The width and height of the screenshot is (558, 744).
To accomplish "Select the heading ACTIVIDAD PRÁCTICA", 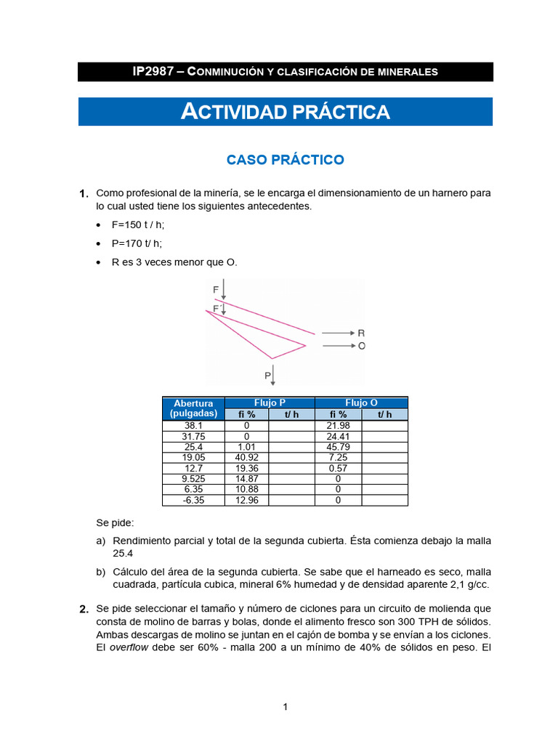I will coord(285,112).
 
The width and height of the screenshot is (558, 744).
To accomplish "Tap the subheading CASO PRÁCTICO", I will coord(285,160).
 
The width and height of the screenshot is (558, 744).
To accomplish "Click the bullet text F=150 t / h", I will coord(138,225).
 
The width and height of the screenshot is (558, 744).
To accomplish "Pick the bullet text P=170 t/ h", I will coord(137,243).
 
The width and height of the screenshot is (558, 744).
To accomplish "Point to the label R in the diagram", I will coord(361,333).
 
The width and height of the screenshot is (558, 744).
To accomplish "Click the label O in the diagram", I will coord(361,347).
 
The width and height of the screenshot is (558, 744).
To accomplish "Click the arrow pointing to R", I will coord(337,333).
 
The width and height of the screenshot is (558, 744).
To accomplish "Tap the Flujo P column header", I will coord(270,403).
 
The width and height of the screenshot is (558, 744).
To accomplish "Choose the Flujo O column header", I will coord(361,403).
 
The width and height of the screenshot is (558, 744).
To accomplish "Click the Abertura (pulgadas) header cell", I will coord(193,408).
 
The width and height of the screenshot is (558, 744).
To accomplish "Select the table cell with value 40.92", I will coord(246,457).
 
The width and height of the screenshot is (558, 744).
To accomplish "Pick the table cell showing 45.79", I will coord(339,447).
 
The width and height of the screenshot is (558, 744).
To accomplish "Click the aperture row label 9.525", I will coord(193,479).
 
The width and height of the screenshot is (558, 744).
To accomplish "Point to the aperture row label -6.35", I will coord(193,500).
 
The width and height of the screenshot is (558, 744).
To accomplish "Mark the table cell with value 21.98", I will coord(339,425).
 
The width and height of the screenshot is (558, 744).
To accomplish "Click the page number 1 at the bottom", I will coord(286,707).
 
